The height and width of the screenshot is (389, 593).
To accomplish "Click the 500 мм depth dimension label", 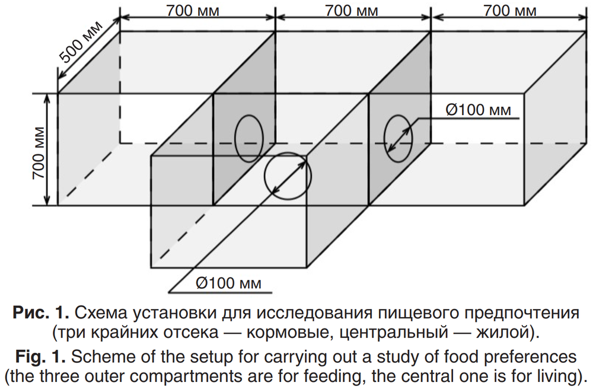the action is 81,42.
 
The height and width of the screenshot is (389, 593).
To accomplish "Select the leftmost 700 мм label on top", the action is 193,11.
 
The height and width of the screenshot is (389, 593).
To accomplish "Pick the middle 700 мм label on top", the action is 352,11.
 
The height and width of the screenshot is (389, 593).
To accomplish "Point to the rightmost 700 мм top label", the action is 510,11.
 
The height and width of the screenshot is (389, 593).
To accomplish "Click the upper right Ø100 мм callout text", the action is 479,110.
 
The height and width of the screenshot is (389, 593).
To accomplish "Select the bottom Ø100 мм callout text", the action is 228,283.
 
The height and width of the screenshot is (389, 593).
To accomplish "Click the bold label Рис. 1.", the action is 41,313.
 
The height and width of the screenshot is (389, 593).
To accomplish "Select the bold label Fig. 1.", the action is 40,356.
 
